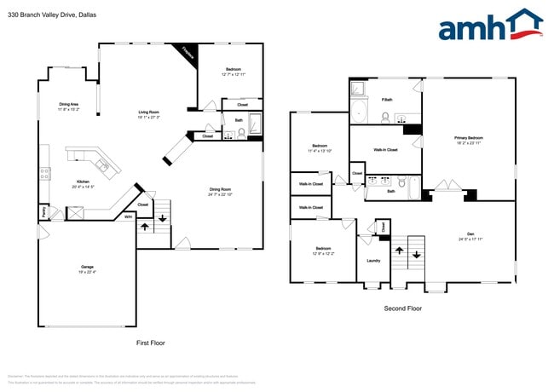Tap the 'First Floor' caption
point(150,343)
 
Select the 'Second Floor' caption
point(402,308)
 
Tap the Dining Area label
point(69,107)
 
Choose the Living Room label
point(150,114)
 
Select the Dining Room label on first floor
point(221,191)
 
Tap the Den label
point(470,236)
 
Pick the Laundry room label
point(373,261)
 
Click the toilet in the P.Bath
point(385,117)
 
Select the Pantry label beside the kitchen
point(43,211)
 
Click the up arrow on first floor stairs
point(143,227)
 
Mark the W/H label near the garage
point(128,217)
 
